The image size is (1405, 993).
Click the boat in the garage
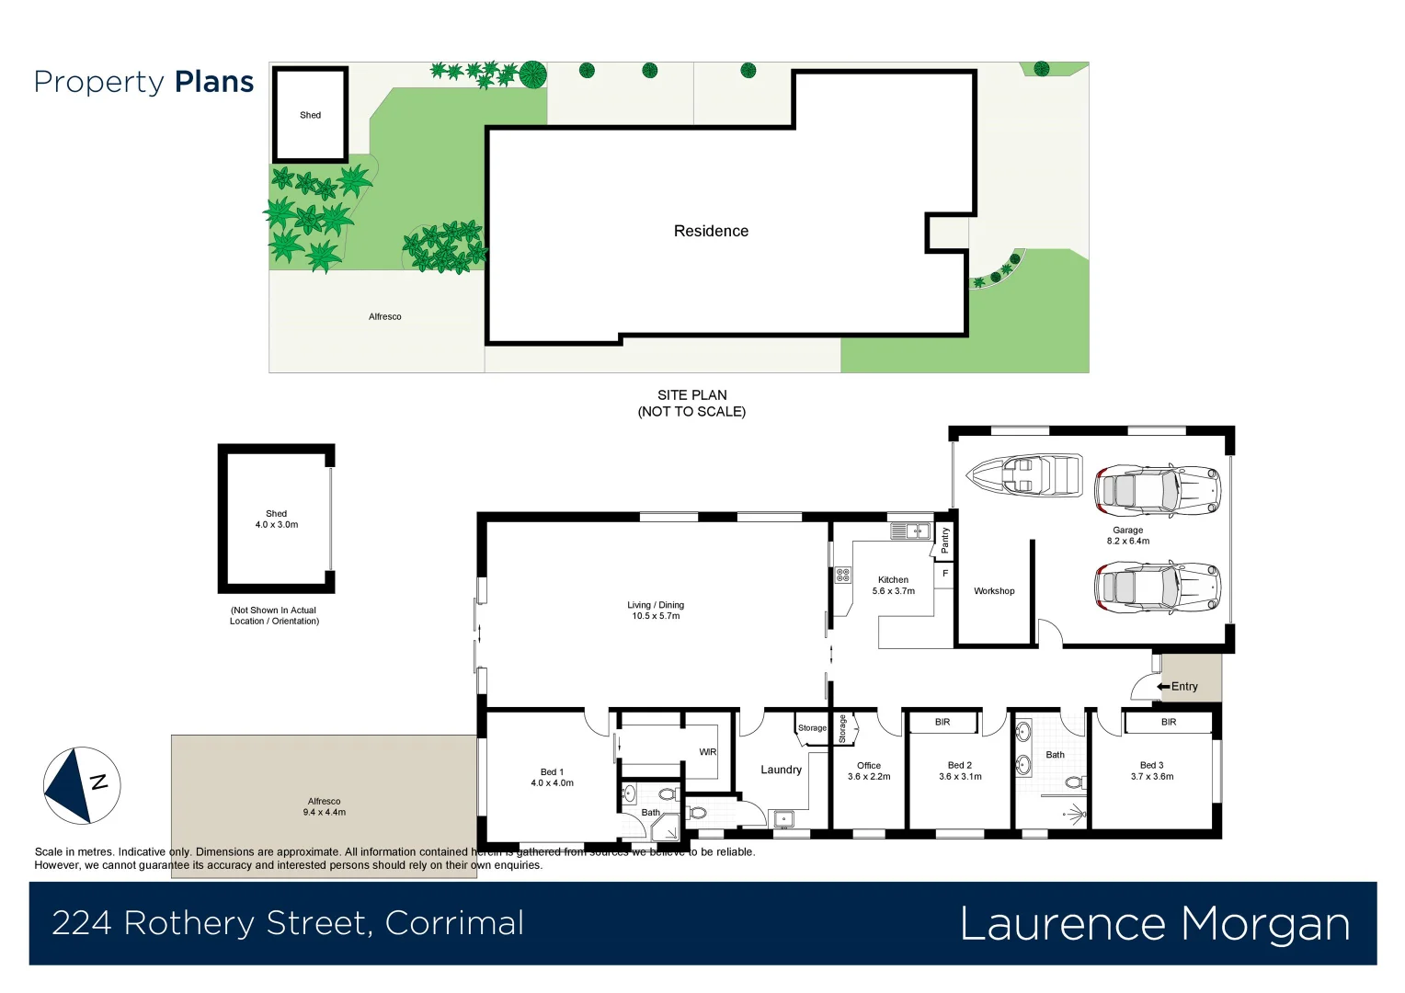(1023, 474)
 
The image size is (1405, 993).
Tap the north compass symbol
(82, 784)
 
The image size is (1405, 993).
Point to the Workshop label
(994, 591)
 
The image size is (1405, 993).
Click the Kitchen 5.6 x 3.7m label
(893, 586)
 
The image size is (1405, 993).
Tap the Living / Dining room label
(656, 611)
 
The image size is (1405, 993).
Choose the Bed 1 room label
(552, 778)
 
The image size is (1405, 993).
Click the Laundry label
(781, 770)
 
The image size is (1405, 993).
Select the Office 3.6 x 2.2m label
(869, 770)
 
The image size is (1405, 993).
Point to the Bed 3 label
(1151, 770)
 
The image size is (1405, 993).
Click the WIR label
(707, 752)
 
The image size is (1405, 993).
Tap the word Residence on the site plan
(711, 232)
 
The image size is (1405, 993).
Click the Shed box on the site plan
(310, 115)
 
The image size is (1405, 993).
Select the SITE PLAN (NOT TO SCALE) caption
(691, 403)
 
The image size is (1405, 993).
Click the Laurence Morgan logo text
(1154, 924)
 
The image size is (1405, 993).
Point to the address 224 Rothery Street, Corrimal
(288, 923)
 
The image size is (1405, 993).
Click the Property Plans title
(143, 82)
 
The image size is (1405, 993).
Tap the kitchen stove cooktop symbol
(842, 576)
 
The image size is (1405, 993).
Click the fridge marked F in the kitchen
(944, 574)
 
